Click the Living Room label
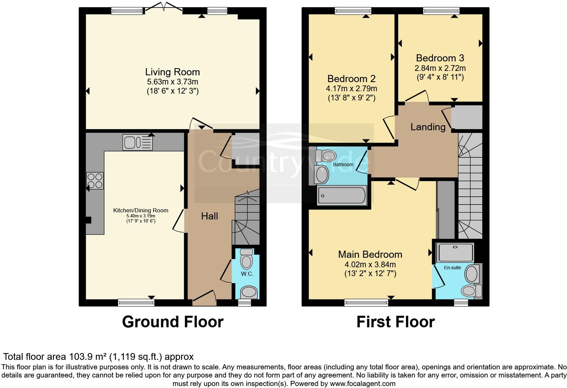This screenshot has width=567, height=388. (x=172, y=72)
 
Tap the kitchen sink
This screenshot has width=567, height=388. (x=138, y=142)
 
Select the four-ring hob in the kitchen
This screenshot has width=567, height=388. (x=95, y=180)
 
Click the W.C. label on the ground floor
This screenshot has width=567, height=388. (x=247, y=274)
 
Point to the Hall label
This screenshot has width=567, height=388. (x=209, y=216)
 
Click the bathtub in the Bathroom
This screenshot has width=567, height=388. (x=342, y=196)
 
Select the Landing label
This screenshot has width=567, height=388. (x=428, y=127)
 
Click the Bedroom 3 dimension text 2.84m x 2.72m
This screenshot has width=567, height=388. (x=440, y=68)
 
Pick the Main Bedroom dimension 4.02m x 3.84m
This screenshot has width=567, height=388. (x=370, y=265)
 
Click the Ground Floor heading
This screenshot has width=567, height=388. (x=173, y=322)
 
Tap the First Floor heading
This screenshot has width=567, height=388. (x=395, y=322)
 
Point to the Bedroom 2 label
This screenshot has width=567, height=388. (x=351, y=79)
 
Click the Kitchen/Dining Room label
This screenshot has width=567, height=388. (x=140, y=210)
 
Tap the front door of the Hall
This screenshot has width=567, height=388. (x=204, y=296)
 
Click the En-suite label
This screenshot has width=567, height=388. (x=452, y=268)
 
